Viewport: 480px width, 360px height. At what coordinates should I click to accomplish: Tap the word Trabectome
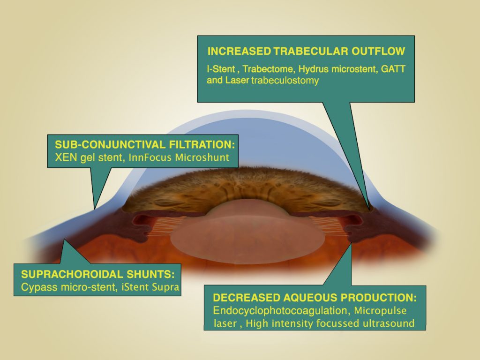pyautogui.click(x=269, y=69)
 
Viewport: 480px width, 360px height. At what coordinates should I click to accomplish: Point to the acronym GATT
pyautogui.click(x=393, y=69)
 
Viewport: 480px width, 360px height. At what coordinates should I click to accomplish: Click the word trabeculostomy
pyautogui.click(x=285, y=81)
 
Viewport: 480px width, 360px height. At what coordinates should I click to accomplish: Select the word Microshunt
pyautogui.click(x=202, y=157)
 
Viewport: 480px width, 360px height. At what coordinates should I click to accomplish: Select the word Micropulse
pyautogui.click(x=380, y=311)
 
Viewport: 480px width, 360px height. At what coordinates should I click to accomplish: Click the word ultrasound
pyautogui.click(x=389, y=323)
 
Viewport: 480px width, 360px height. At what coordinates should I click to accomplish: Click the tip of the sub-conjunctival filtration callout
pyautogui.click(x=95, y=209)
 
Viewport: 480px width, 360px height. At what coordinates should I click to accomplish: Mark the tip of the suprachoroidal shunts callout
pyautogui.click(x=64, y=240)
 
